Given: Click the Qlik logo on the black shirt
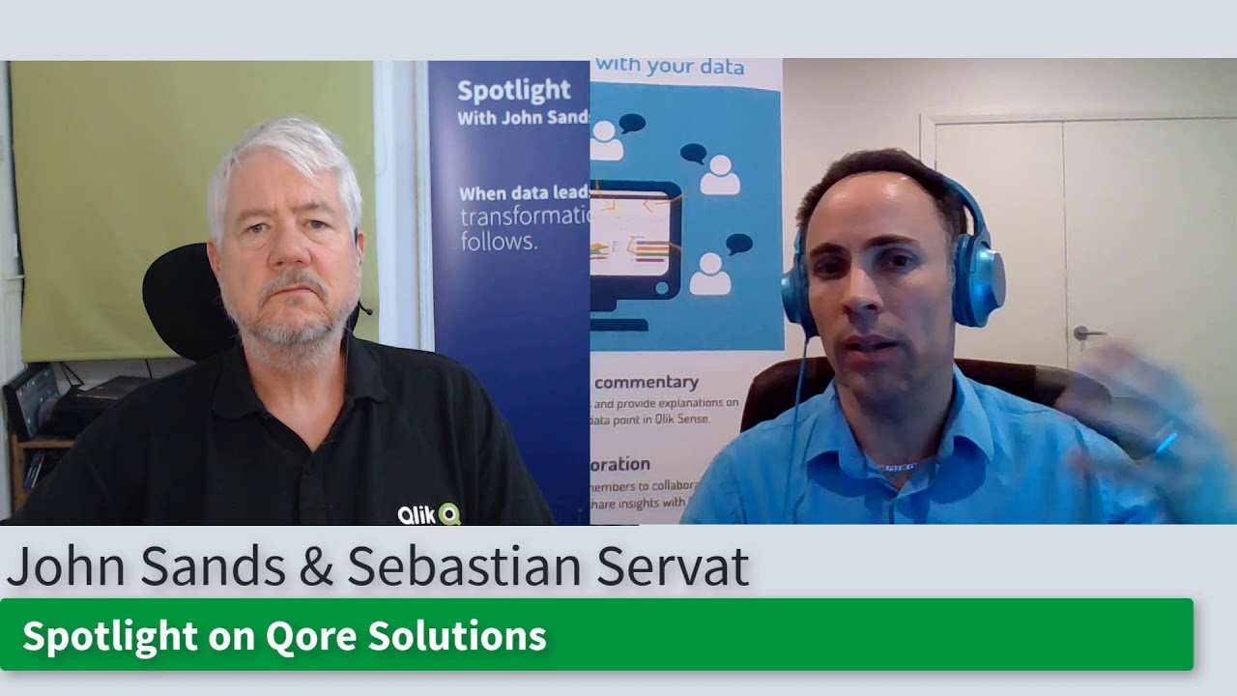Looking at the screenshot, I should pyautogui.click(x=429, y=513).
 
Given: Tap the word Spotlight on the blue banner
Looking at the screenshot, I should pyautogui.click(x=513, y=91).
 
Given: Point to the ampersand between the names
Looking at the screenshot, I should pyautogui.click(x=315, y=567).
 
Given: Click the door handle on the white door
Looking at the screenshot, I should pyautogui.click(x=1088, y=333).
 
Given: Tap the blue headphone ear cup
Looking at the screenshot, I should pyautogui.click(x=978, y=280).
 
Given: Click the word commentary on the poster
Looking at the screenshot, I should pyautogui.click(x=646, y=382).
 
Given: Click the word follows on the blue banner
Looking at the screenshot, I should pyautogui.click(x=498, y=242).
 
